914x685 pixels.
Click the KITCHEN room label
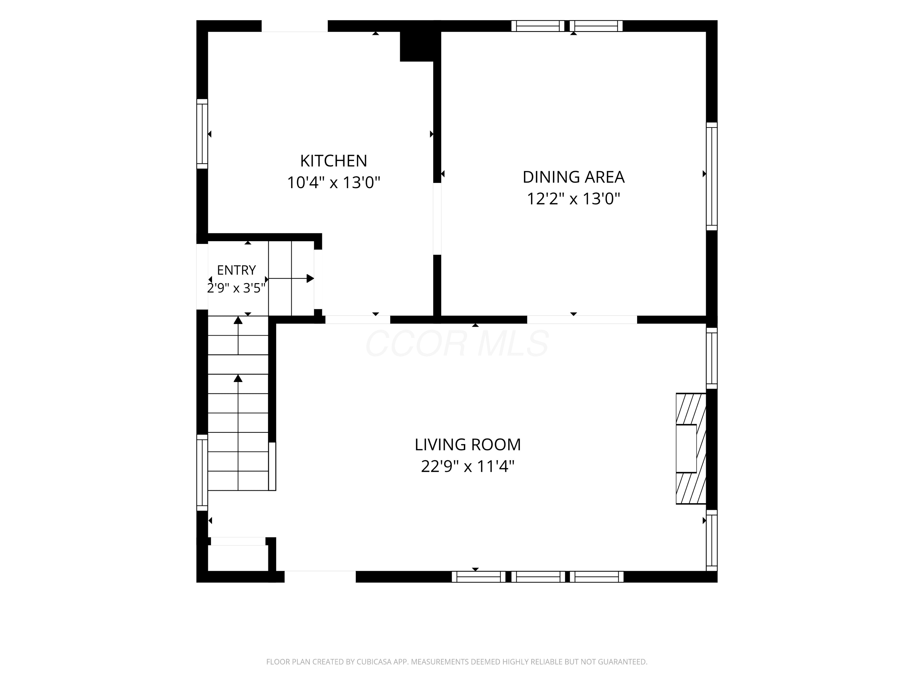pos(333,161)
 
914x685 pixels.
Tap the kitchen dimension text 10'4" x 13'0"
pos(333,182)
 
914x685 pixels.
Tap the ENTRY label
pos(236,270)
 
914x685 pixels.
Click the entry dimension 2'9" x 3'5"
pos(236,288)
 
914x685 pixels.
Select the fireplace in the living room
pos(691,448)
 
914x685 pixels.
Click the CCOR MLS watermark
pos(457,343)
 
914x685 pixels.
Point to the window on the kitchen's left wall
pos(202,134)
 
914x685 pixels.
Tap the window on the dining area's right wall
pos(711,176)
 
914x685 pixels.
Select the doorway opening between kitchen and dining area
pos(437,219)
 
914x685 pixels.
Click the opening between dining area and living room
pos(582,320)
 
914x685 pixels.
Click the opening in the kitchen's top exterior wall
pos(295,26)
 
